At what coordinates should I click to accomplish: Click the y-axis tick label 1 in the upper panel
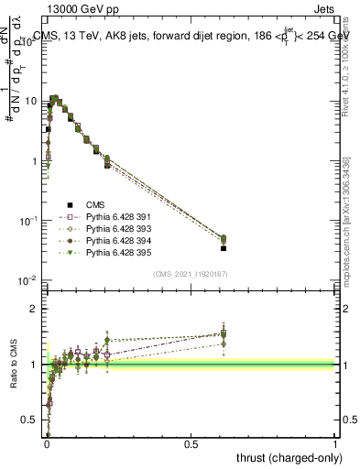point(34,161)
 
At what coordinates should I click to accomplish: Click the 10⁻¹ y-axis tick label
point(28,220)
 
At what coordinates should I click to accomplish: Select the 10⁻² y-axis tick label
point(28,279)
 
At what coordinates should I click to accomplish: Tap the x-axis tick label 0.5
point(191,444)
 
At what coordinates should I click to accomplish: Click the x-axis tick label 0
point(46,444)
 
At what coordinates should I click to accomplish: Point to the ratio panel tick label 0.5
point(30,420)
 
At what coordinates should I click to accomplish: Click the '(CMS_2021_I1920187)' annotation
point(191,273)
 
